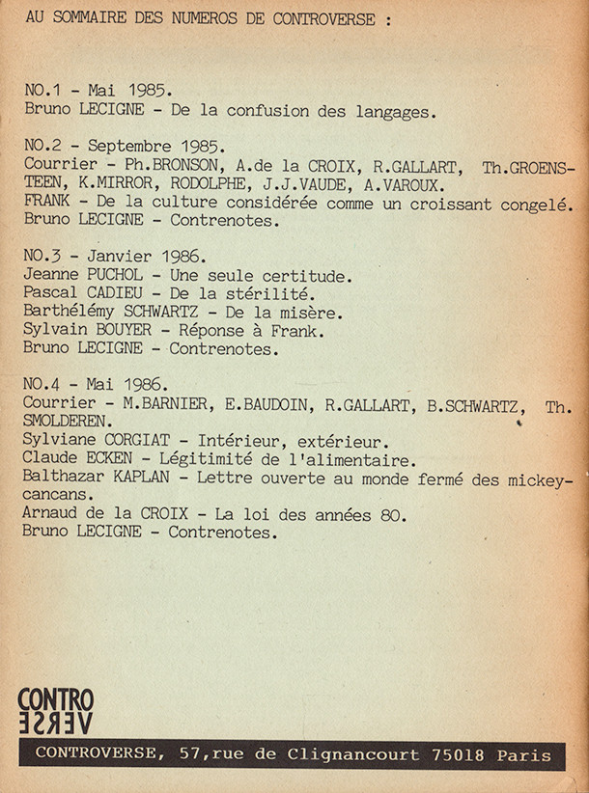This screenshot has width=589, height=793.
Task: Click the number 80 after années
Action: coord(394,515)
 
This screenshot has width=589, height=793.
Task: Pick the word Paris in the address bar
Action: coord(524,754)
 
